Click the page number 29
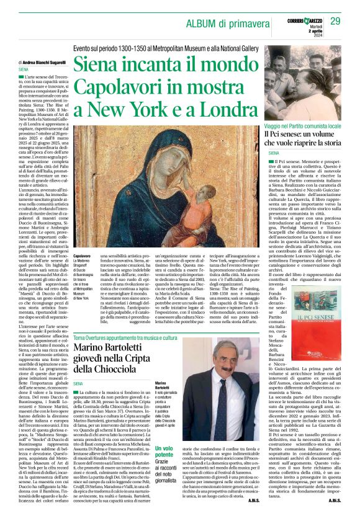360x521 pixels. pos(336,22)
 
